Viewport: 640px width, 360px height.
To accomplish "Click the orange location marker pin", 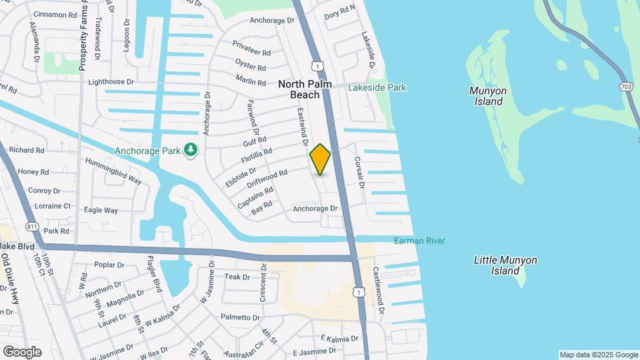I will (x=320, y=159).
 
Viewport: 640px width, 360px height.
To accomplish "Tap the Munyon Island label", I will (x=488, y=96).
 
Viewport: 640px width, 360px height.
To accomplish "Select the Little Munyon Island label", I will (x=505, y=265).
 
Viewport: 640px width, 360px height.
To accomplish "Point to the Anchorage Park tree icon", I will (x=191, y=150).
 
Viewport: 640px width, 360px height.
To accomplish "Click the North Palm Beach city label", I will (x=305, y=89).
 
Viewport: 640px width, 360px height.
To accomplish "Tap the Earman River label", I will (x=419, y=241).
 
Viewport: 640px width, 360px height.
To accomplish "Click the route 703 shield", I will (x=627, y=87).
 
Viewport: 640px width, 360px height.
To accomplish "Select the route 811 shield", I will (x=31, y=227).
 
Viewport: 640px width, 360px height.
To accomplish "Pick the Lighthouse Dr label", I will (x=111, y=81).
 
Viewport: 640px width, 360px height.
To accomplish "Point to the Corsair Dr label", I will (x=359, y=172).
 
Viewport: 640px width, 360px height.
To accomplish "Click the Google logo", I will (x=22, y=351).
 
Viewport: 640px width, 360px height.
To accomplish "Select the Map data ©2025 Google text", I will (x=599, y=355).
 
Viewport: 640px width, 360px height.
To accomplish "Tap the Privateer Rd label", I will (x=252, y=47).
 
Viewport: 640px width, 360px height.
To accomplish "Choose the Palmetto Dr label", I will (x=240, y=317).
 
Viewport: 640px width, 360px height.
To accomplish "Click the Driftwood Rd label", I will (x=267, y=178).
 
